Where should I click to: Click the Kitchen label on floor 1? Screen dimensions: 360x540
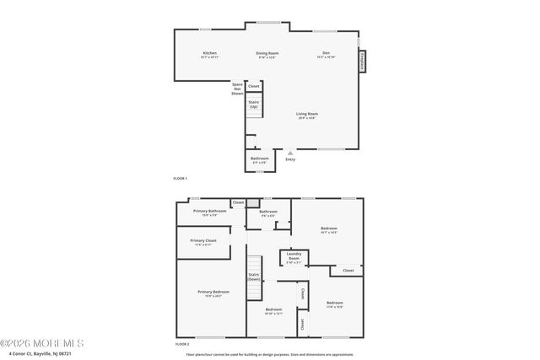click(209, 53)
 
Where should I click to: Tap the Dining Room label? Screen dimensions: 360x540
click(267, 53)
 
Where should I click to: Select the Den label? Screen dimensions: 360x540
click(326, 53)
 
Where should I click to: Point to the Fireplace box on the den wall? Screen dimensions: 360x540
click(362, 62)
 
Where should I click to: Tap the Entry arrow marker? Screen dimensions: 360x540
click(290, 153)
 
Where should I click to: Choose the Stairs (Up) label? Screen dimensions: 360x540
click(253, 105)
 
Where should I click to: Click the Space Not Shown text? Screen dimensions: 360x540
click(237, 89)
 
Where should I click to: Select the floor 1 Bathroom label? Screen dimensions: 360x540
click(259, 159)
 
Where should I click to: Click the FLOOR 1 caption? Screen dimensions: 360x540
click(180, 179)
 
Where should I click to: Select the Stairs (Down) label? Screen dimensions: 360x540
click(254, 276)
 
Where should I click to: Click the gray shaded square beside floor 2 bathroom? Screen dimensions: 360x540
click(251, 203)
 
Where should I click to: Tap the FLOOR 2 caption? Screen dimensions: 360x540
click(181, 344)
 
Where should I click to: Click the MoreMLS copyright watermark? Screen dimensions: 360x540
click(42, 343)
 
